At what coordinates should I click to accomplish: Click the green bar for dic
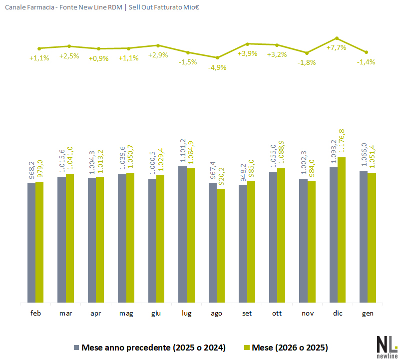coord(342,230)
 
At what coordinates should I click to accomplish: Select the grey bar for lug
coord(182,234)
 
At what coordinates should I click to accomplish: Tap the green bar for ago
coord(221,245)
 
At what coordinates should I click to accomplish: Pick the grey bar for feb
coord(31,242)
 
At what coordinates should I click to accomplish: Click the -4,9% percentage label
coord(217,67)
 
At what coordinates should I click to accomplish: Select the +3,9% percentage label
coord(247,53)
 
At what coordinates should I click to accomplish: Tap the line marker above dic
coord(337,38)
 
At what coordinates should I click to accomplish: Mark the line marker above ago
coord(217,57)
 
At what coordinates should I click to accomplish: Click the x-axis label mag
coord(126,314)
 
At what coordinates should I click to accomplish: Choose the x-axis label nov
coord(308,314)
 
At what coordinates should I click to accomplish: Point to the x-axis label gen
coord(368,314)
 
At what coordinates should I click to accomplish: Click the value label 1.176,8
coord(342,142)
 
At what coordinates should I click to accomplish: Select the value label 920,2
coord(221,177)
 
